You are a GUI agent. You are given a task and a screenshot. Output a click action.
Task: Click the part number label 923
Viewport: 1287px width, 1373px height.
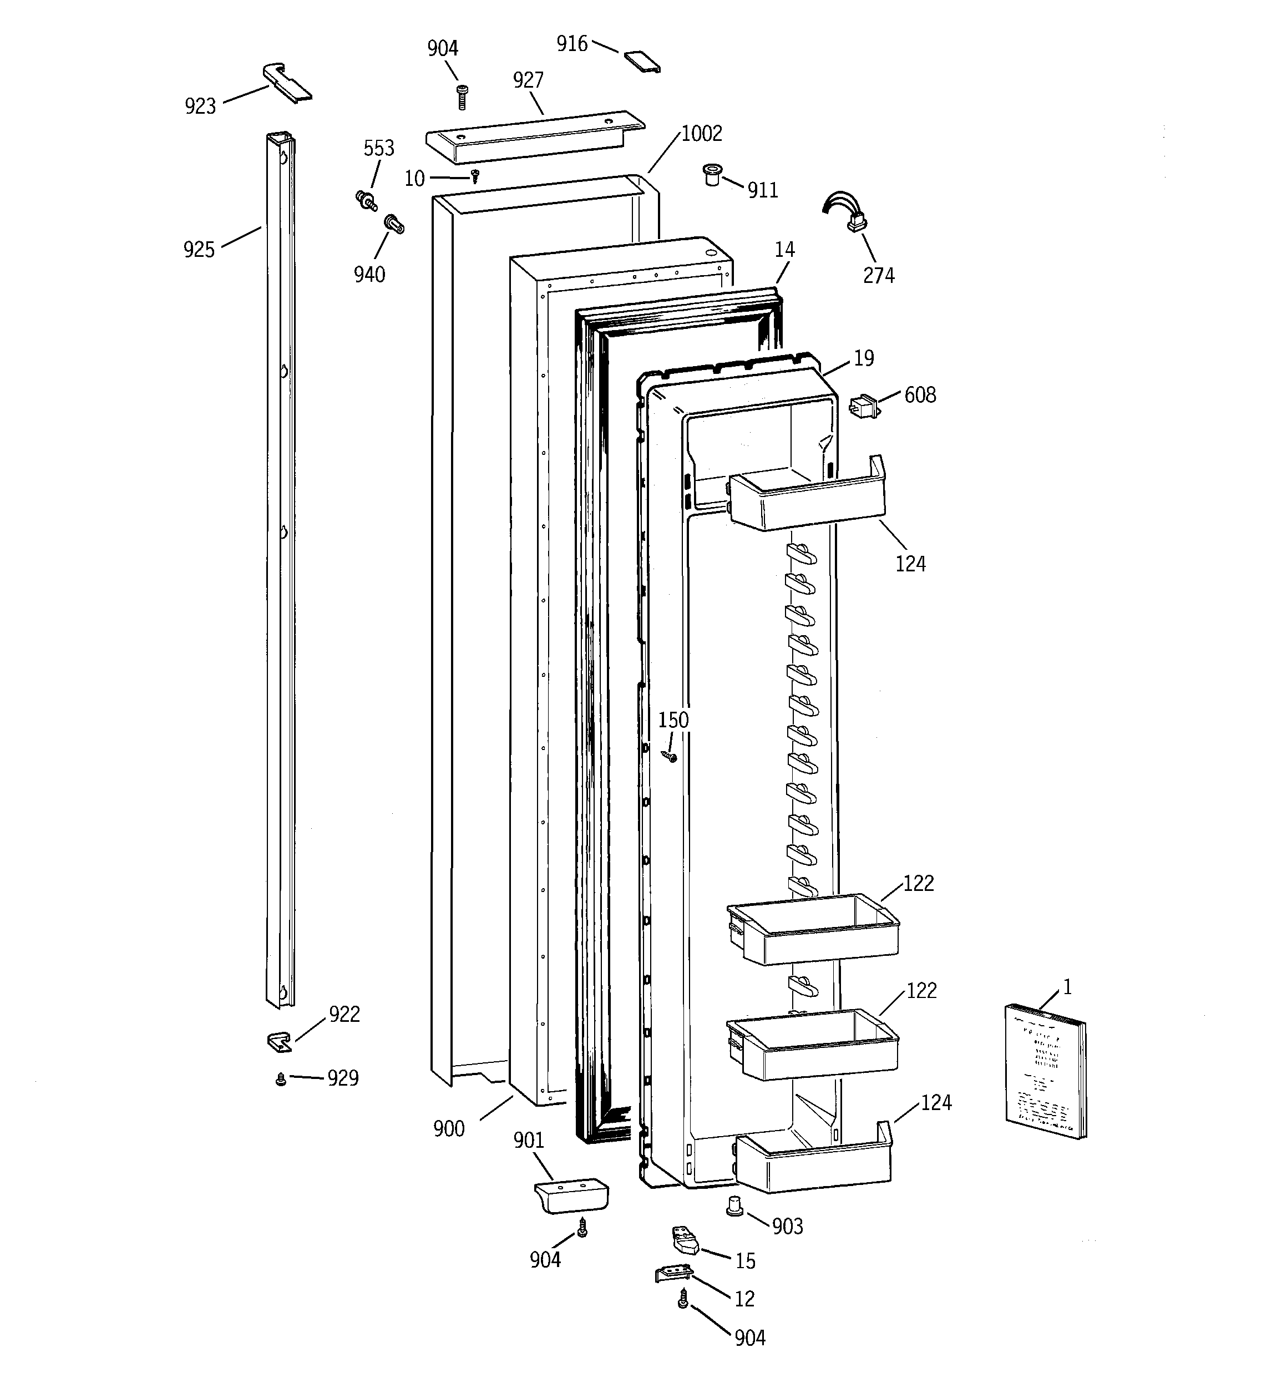(x=200, y=107)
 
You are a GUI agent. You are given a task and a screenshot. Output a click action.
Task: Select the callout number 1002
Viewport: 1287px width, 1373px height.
(x=701, y=133)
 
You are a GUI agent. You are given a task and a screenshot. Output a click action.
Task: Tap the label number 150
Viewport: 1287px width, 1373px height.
(x=673, y=721)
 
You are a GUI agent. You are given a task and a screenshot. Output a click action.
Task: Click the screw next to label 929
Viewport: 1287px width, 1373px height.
(x=281, y=1080)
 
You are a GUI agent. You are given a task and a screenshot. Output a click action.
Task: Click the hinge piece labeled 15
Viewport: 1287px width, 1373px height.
(x=685, y=1243)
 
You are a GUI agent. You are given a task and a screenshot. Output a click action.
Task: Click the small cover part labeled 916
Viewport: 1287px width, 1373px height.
(x=642, y=60)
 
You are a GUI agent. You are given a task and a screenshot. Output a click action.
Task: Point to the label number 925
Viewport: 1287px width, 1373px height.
(x=199, y=249)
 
